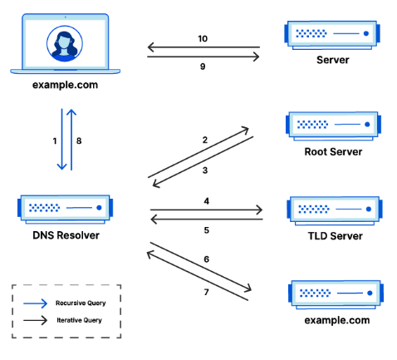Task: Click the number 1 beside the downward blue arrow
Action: point(55,141)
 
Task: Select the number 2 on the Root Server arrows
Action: point(204,141)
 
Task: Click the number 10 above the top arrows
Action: point(203,38)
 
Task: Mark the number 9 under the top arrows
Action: point(203,67)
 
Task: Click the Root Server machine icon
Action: point(332,124)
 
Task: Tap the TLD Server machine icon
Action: point(332,207)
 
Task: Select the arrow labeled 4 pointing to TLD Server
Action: point(206,210)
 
